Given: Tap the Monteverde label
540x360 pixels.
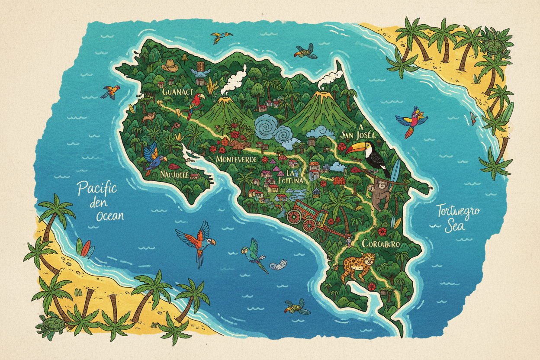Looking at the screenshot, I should [236, 160].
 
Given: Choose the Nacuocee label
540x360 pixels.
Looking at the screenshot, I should [175, 174].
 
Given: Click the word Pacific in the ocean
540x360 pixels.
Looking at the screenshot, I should [97, 189].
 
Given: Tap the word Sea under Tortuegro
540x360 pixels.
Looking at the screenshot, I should [456, 225].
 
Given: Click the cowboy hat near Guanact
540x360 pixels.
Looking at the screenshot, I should [170, 66].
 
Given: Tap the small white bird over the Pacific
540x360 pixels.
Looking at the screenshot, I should [278, 265].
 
